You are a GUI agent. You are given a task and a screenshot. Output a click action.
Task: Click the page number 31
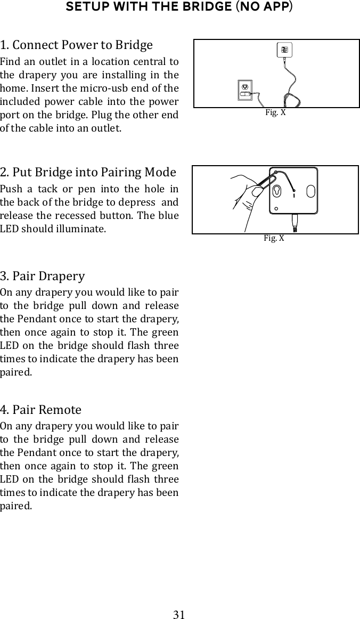pos(179,615)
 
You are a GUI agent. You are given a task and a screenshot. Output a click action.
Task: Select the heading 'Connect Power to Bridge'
pos(82,45)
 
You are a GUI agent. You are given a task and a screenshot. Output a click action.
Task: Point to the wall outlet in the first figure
pos(245,89)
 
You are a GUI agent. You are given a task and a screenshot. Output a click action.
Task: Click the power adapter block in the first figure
pos(285,51)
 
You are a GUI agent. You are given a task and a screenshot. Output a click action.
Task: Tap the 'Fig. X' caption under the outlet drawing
pos(275,113)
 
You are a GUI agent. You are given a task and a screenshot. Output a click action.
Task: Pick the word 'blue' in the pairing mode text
pos(168,216)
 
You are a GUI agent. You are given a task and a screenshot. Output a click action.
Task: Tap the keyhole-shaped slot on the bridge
pos(277,191)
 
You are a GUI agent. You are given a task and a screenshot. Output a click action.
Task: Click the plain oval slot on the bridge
pos(311,191)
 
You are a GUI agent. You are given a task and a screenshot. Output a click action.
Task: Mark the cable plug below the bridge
pos(294,223)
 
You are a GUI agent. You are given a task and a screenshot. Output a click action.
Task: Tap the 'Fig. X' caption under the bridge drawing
pos(274,238)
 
